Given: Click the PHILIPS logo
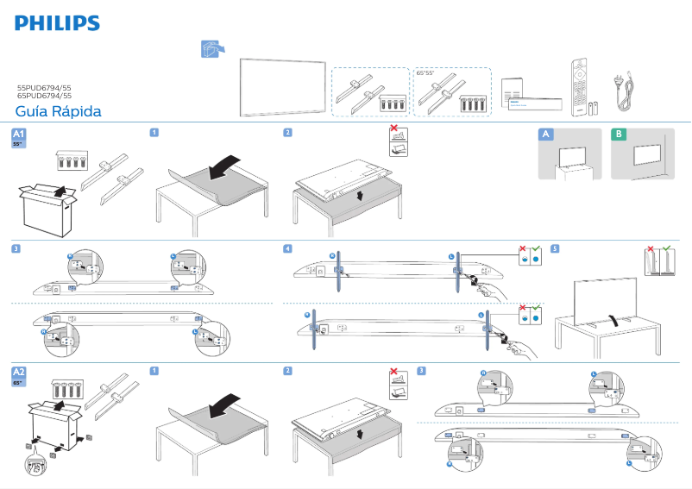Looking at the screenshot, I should tap(57, 23).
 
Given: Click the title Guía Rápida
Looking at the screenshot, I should tap(58, 112).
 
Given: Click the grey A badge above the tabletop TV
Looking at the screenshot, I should tap(544, 134).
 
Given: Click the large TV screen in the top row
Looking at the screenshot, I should tap(281, 85).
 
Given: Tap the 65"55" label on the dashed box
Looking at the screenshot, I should tap(424, 73).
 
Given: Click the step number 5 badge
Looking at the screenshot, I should tap(555, 249).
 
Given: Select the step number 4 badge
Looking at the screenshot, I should tap(287, 249).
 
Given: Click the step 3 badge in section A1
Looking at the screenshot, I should tap(16, 249).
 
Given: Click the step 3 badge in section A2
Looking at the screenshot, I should tap(421, 372).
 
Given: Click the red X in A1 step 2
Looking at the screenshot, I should tap(394, 130).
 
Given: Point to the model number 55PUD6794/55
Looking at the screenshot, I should tap(44, 88).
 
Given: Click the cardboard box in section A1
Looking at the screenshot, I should tap(48, 207).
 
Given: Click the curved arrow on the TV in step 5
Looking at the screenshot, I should tap(610, 320).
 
